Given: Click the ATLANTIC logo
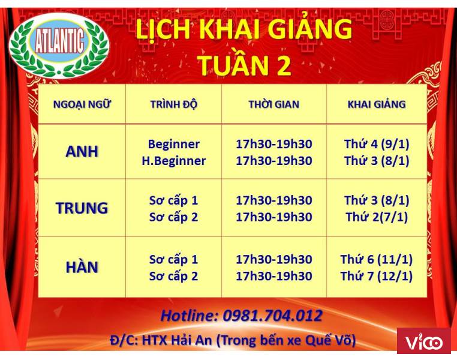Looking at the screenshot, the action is click(59, 46).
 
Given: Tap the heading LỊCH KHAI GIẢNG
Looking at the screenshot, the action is click(244, 29).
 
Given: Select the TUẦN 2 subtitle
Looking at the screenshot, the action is click(245, 65).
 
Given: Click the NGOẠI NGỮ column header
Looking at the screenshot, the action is click(82, 104).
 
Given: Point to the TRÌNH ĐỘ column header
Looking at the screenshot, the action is click(174, 104).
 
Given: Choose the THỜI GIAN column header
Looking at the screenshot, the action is click(274, 104).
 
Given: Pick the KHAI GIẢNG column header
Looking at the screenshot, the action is click(377, 104).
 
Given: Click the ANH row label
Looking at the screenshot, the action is click(82, 152).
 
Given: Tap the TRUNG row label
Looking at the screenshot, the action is click(82, 208).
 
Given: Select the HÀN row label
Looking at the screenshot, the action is click(82, 267).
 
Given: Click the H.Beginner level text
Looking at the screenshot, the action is click(174, 161).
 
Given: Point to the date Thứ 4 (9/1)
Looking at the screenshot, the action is click(377, 144).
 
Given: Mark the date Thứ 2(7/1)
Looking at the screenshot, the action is click(377, 217).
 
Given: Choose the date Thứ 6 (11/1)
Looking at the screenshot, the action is click(377, 259).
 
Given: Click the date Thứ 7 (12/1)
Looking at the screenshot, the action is click(377, 276).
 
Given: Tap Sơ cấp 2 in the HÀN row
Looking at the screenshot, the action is click(174, 277).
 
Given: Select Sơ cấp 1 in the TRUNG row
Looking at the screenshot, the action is click(174, 201).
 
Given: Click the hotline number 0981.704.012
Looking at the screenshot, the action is click(272, 316).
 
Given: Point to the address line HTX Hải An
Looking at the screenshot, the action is click(176, 340).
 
